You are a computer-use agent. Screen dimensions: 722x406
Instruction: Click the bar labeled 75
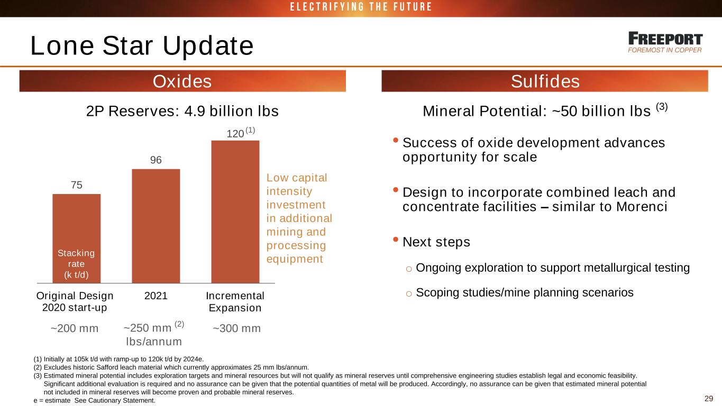[x=76, y=238]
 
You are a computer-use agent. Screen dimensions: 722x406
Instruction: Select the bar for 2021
[x=156, y=226]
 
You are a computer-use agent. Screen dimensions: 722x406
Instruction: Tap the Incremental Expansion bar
[x=235, y=211]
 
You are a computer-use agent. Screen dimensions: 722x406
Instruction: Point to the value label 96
[x=156, y=160]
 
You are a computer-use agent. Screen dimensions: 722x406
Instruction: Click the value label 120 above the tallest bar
[x=235, y=134]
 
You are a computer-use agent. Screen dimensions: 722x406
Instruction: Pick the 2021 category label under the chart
[x=156, y=296]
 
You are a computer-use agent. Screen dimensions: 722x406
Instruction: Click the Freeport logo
[x=665, y=42]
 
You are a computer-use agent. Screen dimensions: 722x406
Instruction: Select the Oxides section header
[x=182, y=81]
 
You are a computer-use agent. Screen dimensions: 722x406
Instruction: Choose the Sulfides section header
[x=545, y=81]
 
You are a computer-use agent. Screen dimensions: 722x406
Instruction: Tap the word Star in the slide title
[x=127, y=45]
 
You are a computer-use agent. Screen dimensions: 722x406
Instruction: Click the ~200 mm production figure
[x=75, y=328]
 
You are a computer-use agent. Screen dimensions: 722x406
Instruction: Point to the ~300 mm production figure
[x=236, y=328]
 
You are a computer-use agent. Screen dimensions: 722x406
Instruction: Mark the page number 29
[x=709, y=398]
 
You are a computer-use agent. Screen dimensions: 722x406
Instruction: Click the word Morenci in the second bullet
[x=642, y=207]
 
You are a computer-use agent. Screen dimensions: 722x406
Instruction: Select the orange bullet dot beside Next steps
[x=396, y=239]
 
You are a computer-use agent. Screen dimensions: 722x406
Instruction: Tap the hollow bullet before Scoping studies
[x=409, y=293]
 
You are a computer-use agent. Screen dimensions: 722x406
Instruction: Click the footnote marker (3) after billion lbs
[x=662, y=106]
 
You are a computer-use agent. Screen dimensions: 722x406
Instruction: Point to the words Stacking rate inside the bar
[x=76, y=259]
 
